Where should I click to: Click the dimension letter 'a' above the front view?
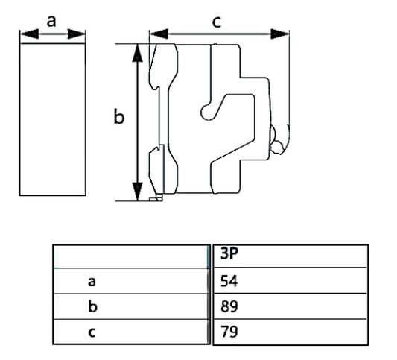(x=51, y=21)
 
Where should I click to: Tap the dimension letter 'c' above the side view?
(x=216, y=22)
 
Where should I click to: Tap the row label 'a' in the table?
(x=92, y=282)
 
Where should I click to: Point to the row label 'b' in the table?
(x=92, y=306)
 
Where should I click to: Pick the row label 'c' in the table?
(x=92, y=332)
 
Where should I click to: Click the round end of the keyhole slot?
(x=206, y=112)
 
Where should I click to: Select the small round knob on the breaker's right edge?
(x=279, y=143)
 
